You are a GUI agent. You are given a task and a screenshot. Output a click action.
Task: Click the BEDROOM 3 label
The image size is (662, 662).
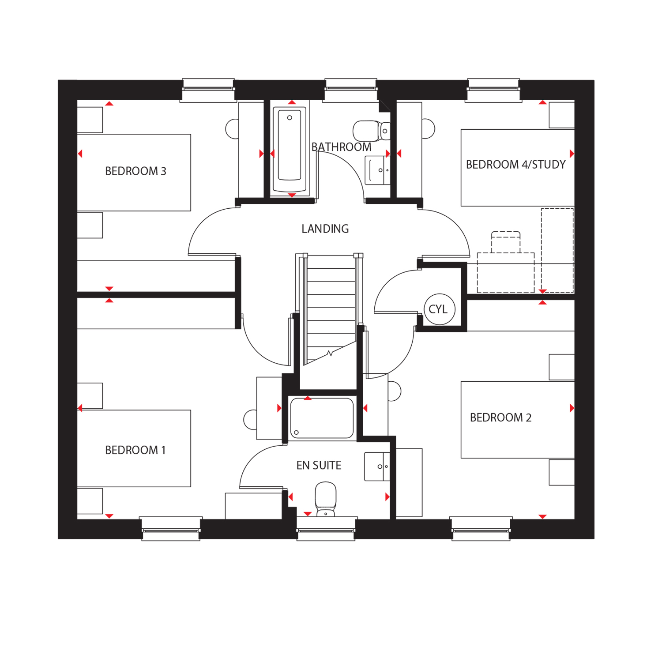pyautogui.click(x=135, y=171)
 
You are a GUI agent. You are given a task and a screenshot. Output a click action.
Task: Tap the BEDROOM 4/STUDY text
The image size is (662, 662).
pyautogui.click(x=515, y=165)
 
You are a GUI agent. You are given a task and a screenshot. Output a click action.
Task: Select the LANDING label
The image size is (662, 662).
pyautogui.click(x=325, y=229)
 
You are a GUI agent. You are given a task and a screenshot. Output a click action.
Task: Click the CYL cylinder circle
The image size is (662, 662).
pyautogui.click(x=439, y=309)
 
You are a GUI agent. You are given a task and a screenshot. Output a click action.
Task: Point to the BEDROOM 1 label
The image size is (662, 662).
pyautogui.click(x=135, y=450)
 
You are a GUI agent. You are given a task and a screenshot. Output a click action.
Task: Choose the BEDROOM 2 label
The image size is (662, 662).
pyautogui.click(x=500, y=418)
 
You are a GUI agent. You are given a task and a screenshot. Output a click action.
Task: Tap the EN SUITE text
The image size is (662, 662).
pyautogui.click(x=319, y=465)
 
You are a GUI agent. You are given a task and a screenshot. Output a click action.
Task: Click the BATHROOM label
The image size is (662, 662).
pyautogui.click(x=341, y=147)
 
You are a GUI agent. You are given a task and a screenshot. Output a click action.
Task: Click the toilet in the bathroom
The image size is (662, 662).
pyautogui.click(x=372, y=131)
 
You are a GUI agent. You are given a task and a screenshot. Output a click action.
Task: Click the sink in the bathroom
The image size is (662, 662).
pyautogui.click(x=378, y=170)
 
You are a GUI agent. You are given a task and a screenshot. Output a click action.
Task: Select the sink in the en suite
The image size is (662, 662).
pyautogui.click(x=377, y=466)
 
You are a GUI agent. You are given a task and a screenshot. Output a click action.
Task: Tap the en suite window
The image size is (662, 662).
pyautogui.click(x=326, y=528)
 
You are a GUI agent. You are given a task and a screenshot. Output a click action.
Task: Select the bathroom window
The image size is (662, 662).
pyautogui.click(x=351, y=90)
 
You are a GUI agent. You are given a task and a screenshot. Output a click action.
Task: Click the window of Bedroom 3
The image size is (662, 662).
pyautogui.click(x=208, y=90)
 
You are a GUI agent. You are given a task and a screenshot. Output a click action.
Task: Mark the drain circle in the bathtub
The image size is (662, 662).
pyautogui.click(x=290, y=117)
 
